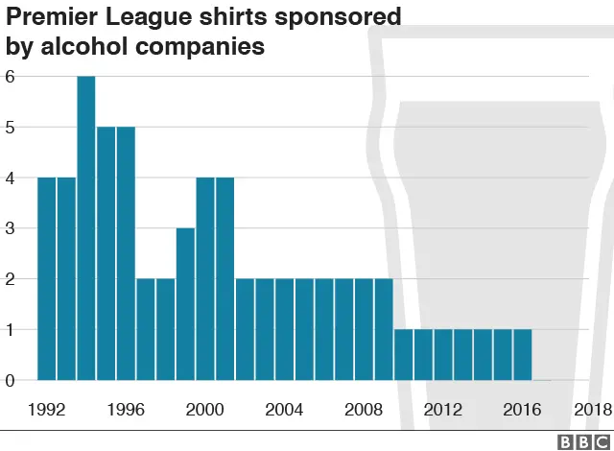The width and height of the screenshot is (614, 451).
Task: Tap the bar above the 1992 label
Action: click(x=47, y=278)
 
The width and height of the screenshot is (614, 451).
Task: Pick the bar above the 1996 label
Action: click(x=126, y=253)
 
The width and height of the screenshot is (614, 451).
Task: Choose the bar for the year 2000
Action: click(x=205, y=278)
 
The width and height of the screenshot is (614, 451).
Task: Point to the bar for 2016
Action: click(x=522, y=355)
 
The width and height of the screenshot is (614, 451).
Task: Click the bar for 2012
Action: click(x=442, y=355)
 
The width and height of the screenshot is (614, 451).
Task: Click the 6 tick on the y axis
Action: click(x=11, y=77)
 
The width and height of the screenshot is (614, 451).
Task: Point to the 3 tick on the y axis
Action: click(x=11, y=228)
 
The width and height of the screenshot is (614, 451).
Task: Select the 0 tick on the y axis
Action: click(x=11, y=381)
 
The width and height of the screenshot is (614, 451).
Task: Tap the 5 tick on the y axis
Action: click(x=11, y=128)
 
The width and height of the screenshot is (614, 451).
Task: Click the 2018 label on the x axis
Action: click(x=592, y=410)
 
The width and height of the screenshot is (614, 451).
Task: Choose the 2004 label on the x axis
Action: click(x=284, y=410)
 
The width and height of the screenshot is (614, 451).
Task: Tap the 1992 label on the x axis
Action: click(x=47, y=410)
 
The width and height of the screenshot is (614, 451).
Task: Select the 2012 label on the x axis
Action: click(x=442, y=410)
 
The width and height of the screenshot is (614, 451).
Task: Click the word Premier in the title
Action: click(x=49, y=18)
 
